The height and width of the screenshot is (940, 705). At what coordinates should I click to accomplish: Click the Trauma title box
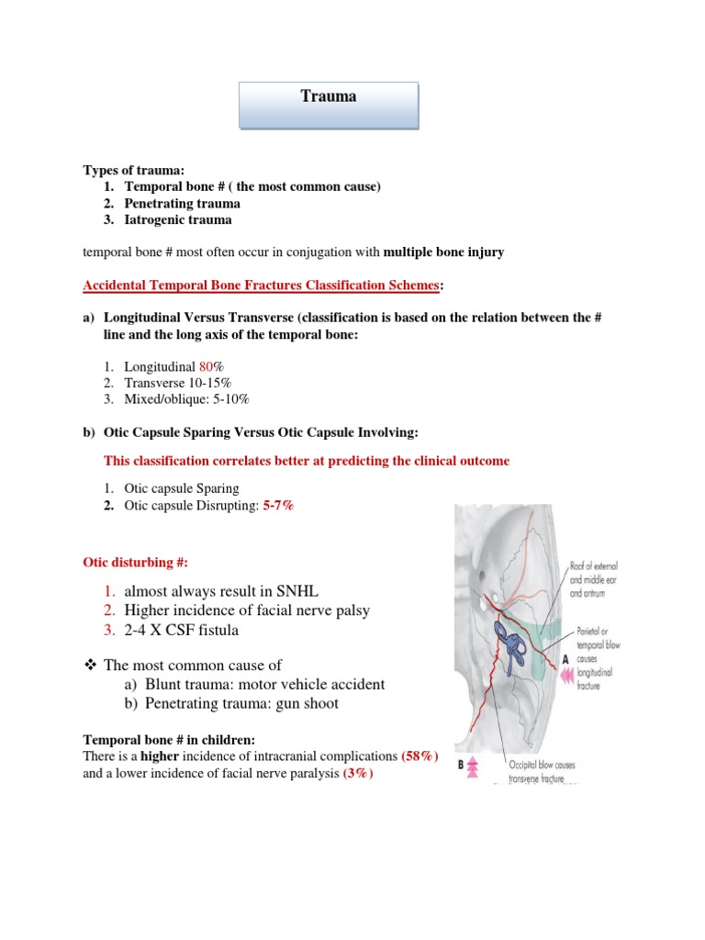329,104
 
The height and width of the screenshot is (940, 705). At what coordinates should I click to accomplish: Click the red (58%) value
416,755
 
